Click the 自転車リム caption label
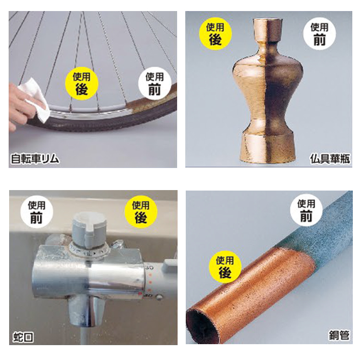[35, 159]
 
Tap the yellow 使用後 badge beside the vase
[215, 34]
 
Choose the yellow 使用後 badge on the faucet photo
[140, 212]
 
